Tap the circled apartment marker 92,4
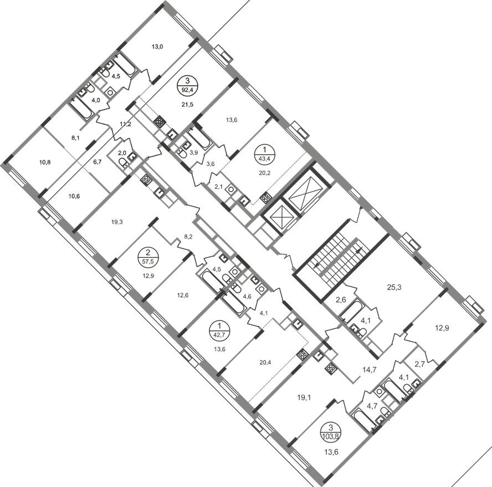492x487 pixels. click(x=188, y=85)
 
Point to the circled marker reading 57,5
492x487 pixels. click(x=147, y=256)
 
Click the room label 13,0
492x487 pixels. click(x=157, y=47)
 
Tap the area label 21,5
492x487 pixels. click(x=187, y=105)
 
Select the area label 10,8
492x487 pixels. click(x=45, y=162)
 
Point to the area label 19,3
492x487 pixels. click(x=117, y=222)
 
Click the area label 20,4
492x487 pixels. click(x=265, y=362)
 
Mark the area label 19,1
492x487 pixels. click(x=304, y=398)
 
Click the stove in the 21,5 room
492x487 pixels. click(x=160, y=122)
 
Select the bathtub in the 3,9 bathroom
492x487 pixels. click(x=199, y=138)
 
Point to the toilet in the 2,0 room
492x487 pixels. click(x=123, y=162)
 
